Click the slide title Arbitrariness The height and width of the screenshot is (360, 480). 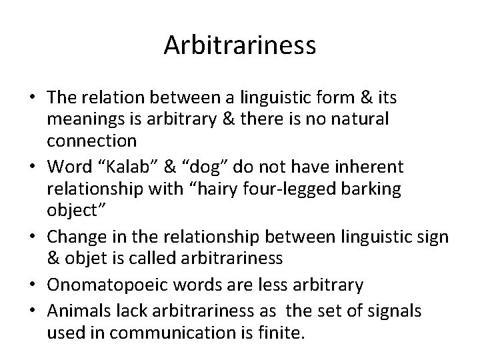pos(240,46)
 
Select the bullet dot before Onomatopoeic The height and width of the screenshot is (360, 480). pos(32,285)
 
